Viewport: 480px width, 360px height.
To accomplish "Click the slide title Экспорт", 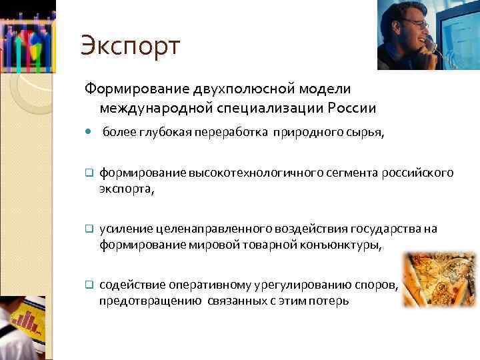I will tap(130, 46).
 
